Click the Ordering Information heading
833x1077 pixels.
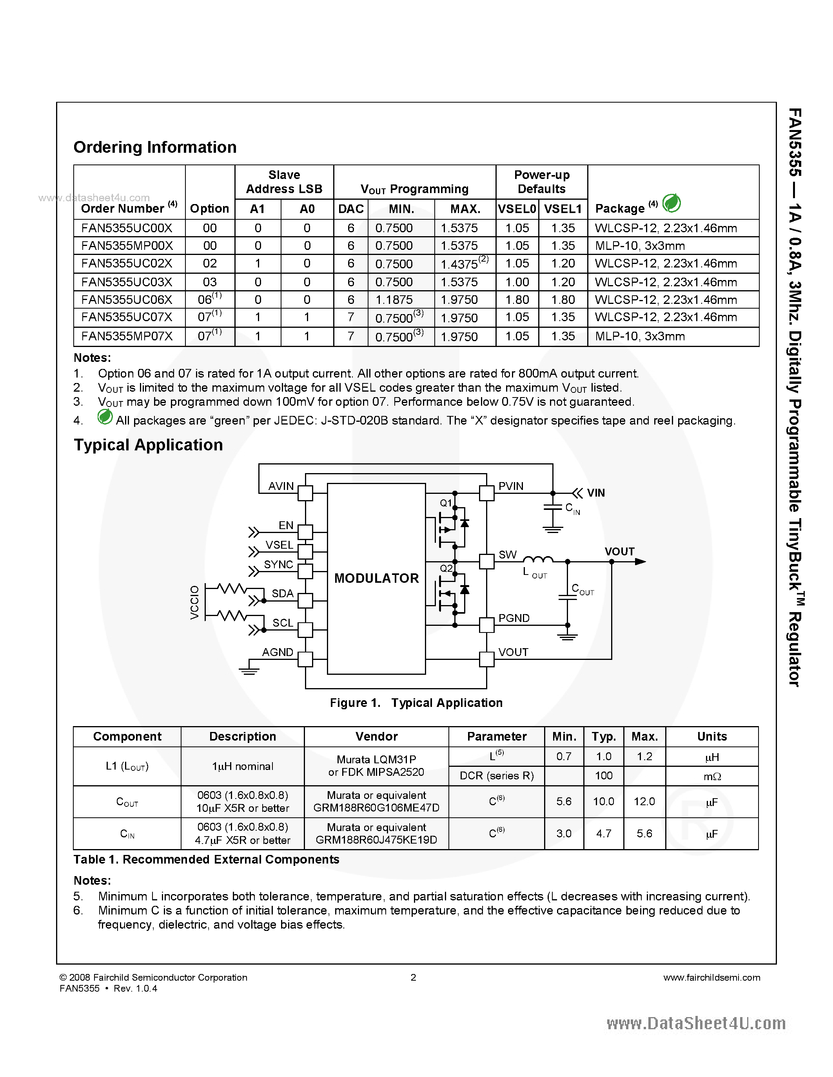[x=155, y=147]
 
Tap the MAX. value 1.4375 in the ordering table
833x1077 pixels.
[x=459, y=264]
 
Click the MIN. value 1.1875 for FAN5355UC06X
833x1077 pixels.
[x=394, y=300]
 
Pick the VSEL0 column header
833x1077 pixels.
[x=517, y=209]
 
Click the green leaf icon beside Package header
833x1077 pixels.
[x=671, y=203]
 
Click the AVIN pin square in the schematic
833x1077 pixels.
[x=305, y=493]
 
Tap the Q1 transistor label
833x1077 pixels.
[x=446, y=503]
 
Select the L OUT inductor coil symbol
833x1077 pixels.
[x=537, y=559]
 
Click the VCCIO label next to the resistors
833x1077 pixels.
[x=195, y=603]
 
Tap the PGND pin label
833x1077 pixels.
[x=514, y=618]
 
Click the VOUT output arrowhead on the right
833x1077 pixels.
[x=640, y=562]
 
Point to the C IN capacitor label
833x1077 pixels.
[x=572, y=508]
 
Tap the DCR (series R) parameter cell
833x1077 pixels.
[x=496, y=776]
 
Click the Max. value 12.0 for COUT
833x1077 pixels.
[x=644, y=801]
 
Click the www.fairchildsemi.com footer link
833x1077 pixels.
[x=711, y=978]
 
